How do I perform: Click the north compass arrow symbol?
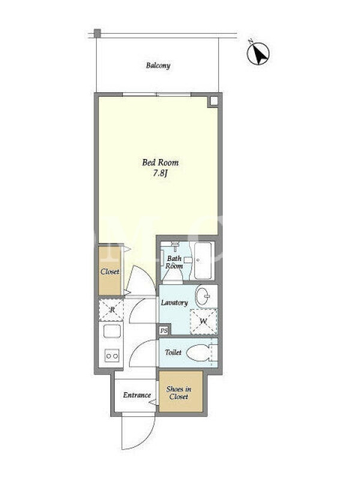point(258,53)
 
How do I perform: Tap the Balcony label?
point(158,65)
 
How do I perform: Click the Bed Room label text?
point(160,162)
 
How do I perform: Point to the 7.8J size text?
point(160,173)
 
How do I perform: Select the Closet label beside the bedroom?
point(110,272)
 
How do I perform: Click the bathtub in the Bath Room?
point(203,260)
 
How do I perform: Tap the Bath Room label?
point(174,262)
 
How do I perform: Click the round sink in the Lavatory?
point(203,296)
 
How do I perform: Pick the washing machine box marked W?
point(203,322)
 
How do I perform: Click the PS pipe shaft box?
point(164,331)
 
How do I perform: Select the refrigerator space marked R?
point(112,310)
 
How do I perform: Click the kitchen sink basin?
point(112,331)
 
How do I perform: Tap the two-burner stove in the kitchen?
point(112,356)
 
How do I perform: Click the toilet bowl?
point(199,353)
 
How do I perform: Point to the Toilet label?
point(173,352)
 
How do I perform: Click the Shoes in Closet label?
point(179,393)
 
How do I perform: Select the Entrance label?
point(137,395)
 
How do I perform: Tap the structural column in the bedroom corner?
point(214,101)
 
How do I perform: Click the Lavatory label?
point(174,303)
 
